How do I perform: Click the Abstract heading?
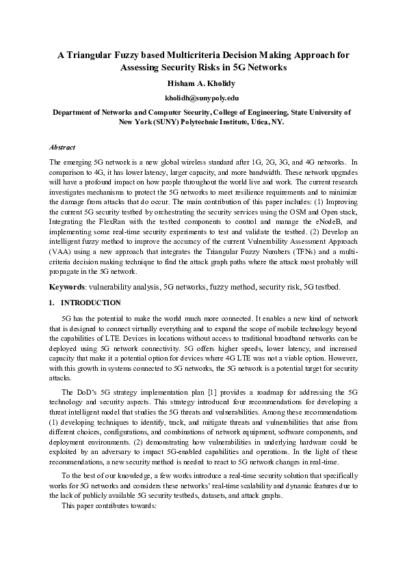[62, 147]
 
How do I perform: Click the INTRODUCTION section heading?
[91, 303]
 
